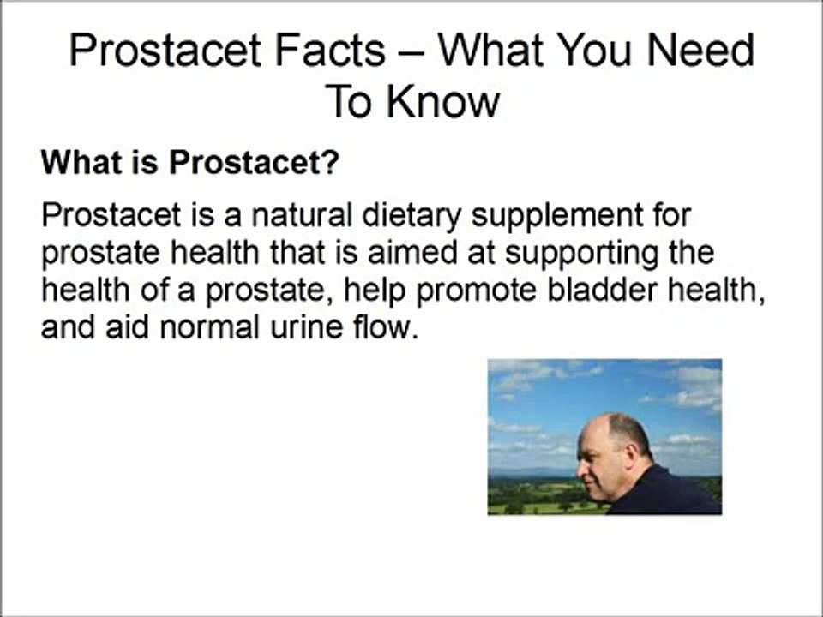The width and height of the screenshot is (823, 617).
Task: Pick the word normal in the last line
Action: pos(209,327)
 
